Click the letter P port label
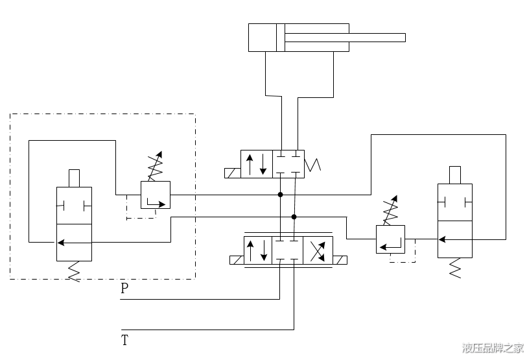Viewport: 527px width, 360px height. (x=124, y=289)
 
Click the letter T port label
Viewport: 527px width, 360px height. (x=124, y=340)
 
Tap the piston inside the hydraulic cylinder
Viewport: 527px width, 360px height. (x=281, y=38)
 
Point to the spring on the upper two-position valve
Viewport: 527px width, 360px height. (x=312, y=165)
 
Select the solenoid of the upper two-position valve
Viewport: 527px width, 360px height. (x=233, y=173)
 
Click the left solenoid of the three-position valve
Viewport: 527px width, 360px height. (x=237, y=260)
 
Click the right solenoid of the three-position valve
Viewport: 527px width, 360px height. (x=340, y=260)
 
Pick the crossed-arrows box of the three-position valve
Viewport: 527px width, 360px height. (x=318, y=250)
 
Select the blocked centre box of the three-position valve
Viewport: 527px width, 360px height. (x=287, y=250)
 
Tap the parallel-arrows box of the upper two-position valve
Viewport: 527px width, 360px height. (x=257, y=164)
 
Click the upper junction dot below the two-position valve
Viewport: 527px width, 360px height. (x=280, y=195)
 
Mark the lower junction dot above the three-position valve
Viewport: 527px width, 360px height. (x=294, y=217)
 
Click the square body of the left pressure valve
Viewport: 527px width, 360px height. (x=156, y=195)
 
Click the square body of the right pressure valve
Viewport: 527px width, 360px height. (x=390, y=239)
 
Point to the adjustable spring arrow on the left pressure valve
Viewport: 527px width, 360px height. (x=156, y=166)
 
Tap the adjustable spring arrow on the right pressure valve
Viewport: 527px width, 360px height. (x=390, y=210)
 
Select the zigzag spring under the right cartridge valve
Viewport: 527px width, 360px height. (x=455, y=268)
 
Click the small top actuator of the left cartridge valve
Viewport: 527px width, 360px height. (x=75, y=178)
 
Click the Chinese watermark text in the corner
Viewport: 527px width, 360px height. (x=493, y=348)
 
